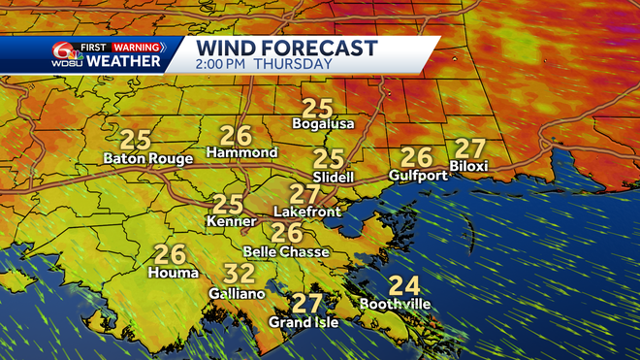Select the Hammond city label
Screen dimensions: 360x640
coord(242,153)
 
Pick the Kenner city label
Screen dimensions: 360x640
coord(228,222)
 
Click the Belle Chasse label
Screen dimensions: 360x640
coord(286,251)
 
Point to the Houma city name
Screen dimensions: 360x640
coord(170,274)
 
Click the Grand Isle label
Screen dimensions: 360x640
coord(304,322)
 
